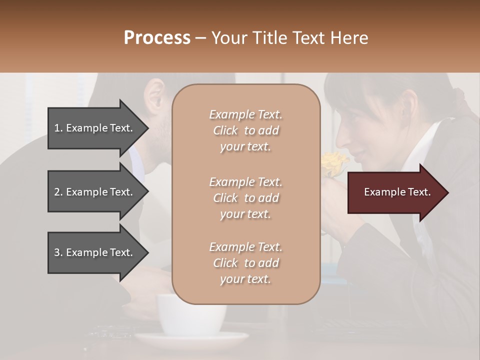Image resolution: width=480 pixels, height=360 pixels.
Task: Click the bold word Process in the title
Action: (157, 37)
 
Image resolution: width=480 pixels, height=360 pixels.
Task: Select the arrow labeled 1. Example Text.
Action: (95, 128)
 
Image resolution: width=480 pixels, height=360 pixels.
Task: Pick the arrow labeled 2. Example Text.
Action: (95, 192)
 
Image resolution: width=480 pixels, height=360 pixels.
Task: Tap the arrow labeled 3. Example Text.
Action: (95, 252)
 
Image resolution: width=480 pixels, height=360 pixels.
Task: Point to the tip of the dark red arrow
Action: (447, 192)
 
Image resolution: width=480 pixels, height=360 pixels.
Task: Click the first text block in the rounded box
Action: (245, 130)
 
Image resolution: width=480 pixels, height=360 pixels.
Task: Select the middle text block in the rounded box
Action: (245, 198)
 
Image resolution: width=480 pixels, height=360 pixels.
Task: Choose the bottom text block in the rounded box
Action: (245, 263)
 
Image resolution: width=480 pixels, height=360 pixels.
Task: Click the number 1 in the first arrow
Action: (57, 128)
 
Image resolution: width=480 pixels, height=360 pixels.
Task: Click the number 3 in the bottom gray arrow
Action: (57, 252)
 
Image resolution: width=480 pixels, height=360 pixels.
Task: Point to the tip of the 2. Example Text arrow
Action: (148, 192)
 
